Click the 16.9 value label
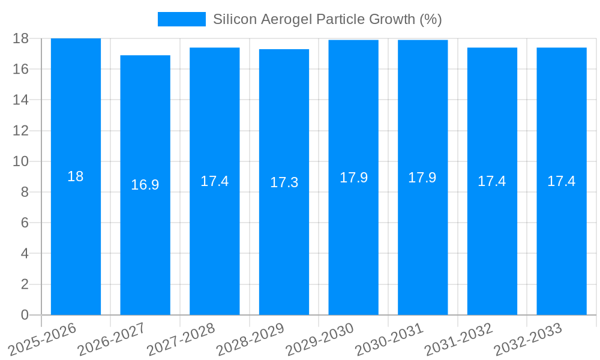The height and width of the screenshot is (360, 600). (x=145, y=185)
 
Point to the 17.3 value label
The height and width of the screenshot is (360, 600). (x=284, y=183)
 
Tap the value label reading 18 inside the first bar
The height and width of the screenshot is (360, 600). (x=76, y=176)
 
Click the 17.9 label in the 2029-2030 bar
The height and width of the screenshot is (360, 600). (x=353, y=178)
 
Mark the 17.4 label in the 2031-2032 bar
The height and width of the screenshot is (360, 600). (x=492, y=181)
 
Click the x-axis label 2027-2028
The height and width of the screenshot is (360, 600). (x=181, y=340)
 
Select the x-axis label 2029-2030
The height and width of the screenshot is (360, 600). (x=320, y=340)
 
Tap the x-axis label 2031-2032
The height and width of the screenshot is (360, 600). (x=459, y=340)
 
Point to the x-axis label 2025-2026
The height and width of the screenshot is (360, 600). (x=43, y=340)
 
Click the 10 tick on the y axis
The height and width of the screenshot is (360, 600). (x=20, y=161)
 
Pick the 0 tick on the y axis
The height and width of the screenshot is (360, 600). (x=25, y=315)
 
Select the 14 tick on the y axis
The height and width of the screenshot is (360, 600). (x=20, y=100)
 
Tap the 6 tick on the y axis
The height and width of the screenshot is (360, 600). (x=25, y=223)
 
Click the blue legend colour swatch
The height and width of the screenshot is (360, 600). (x=181, y=19)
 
